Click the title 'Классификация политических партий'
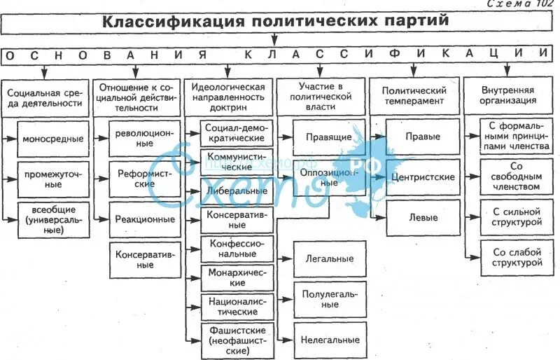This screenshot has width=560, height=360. (x=276, y=22)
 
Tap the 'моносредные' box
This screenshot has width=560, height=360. (x=52, y=139)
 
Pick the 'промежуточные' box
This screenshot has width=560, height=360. (x=52, y=179)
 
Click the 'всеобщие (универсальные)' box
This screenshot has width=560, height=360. (x=52, y=219)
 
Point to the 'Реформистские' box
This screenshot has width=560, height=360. (x=145, y=179)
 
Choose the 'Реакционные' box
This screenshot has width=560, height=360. (x=145, y=219)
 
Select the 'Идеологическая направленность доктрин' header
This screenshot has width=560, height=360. (x=229, y=98)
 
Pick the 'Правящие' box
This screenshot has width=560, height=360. (x=328, y=137)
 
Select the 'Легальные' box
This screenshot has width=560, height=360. (x=328, y=258)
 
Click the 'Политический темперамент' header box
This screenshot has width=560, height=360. (x=414, y=96)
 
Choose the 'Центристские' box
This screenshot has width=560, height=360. (x=423, y=178)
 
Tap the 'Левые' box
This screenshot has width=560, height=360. (x=423, y=217)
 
